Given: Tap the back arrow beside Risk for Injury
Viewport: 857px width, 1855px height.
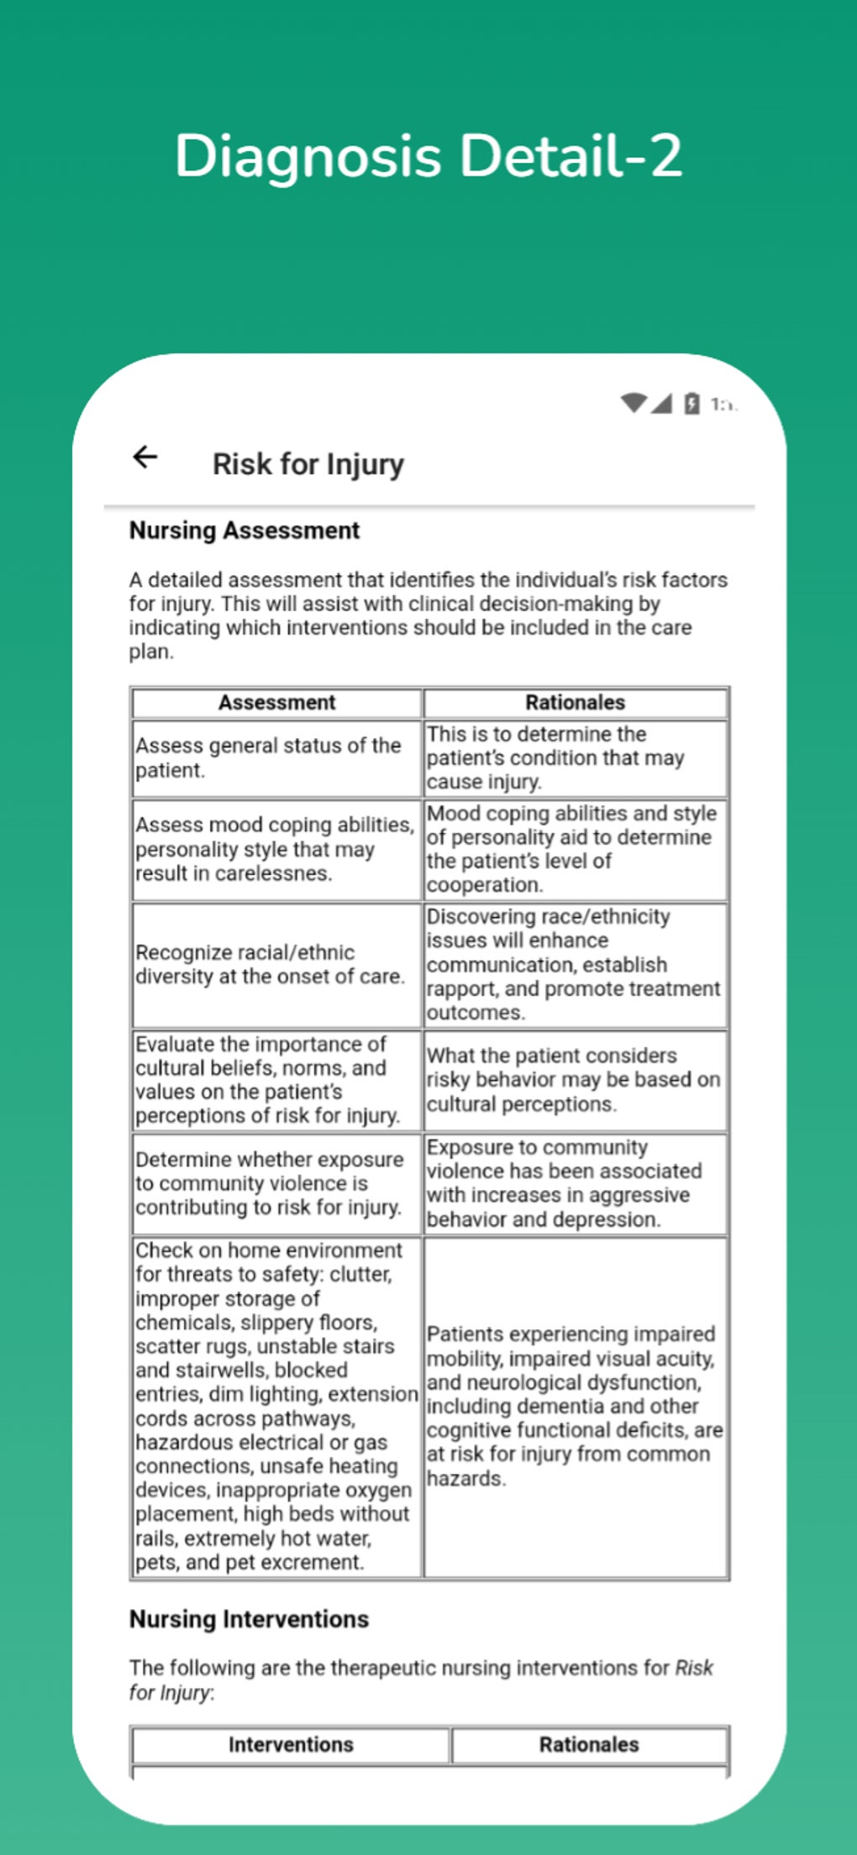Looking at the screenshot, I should [x=145, y=457].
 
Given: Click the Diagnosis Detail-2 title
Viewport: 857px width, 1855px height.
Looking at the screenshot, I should [x=428, y=156].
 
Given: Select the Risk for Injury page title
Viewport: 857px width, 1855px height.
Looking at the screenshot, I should [x=308, y=464].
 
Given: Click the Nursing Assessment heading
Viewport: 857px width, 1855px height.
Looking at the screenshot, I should [x=244, y=531].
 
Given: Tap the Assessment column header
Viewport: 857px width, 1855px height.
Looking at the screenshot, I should [x=276, y=702].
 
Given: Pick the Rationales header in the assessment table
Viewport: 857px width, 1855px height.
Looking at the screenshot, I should [x=575, y=702].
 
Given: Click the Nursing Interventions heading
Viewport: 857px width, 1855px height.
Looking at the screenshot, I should [x=249, y=1619].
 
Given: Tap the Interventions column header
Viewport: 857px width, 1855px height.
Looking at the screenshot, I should [x=290, y=1744].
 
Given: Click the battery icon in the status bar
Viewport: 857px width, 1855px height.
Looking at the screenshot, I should [x=691, y=404].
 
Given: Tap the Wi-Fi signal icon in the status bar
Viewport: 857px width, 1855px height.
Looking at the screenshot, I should [x=634, y=403].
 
